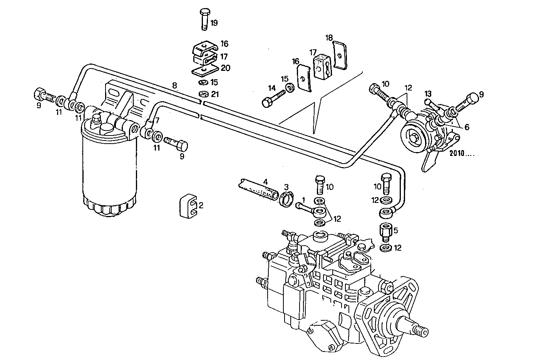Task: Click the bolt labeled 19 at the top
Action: click(x=204, y=18)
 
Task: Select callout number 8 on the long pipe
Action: click(x=174, y=85)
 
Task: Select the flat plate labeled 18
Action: click(x=340, y=55)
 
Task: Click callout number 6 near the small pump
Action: click(x=467, y=127)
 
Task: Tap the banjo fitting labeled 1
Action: click(x=313, y=209)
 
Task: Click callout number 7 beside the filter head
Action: click(x=157, y=120)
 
